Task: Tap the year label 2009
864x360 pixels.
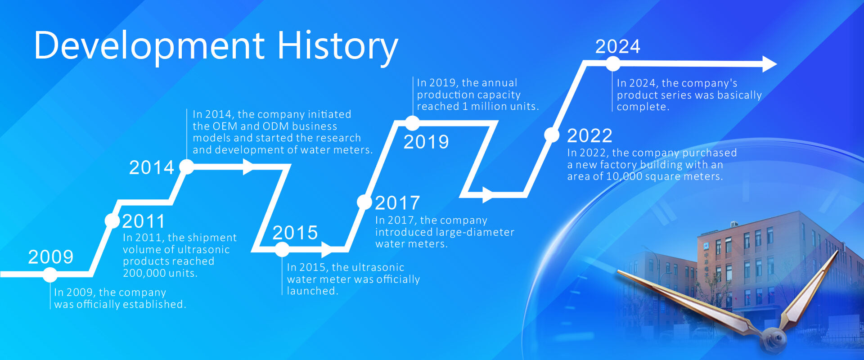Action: coord(51,257)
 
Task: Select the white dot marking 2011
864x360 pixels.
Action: coord(112,220)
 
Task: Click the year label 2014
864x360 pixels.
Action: coord(152,168)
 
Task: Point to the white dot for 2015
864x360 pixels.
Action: coord(282,249)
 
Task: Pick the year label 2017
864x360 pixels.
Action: coord(397,203)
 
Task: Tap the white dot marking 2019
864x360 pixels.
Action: coord(412,123)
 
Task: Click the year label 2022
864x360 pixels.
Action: coord(589,135)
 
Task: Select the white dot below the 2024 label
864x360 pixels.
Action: coord(612,64)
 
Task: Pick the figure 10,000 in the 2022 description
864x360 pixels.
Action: coord(624,177)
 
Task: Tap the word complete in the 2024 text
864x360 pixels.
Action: coord(642,107)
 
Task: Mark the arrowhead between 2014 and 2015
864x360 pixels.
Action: coord(248,166)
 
